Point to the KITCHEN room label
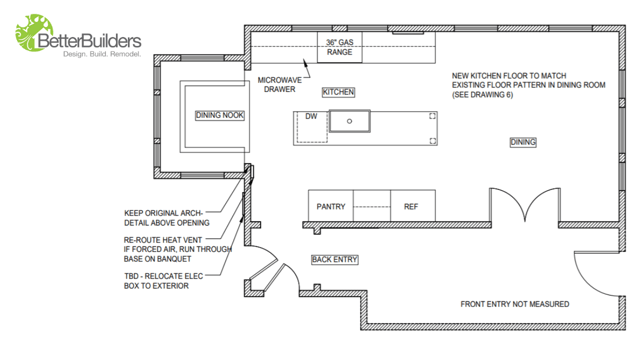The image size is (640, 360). (338, 92)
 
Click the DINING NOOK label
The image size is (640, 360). (219, 116)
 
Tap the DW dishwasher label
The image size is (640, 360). (311, 116)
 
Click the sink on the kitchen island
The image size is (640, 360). (350, 122)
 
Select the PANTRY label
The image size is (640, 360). (330, 207)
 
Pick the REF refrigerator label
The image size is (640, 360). (410, 207)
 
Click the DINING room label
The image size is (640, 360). (523, 143)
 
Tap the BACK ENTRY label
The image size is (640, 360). (334, 260)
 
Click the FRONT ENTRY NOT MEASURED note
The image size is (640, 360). (514, 304)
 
